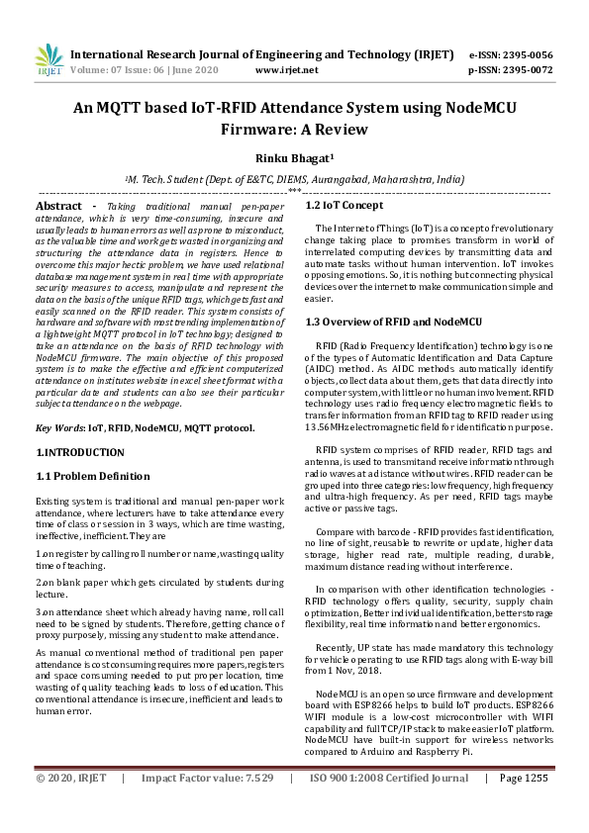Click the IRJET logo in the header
point(49,60)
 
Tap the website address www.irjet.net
point(286,70)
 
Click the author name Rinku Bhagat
point(293,158)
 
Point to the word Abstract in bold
point(58,205)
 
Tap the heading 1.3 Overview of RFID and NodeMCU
point(393,322)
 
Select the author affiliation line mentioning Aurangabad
point(293,180)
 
